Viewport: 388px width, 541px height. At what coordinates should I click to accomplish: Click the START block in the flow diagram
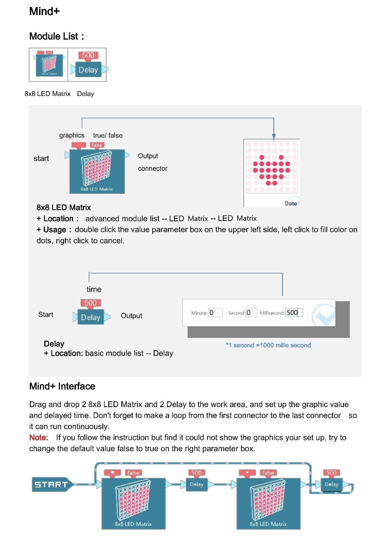click(51, 485)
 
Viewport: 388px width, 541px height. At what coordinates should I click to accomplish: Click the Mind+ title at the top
click(44, 11)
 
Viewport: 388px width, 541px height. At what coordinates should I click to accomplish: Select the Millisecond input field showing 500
click(294, 312)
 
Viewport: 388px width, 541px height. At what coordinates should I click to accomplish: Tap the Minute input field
click(216, 312)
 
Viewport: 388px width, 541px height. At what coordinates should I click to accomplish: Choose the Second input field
click(251, 312)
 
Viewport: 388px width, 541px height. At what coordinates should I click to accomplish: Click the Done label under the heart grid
click(291, 203)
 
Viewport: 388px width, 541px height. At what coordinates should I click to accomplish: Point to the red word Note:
click(38, 437)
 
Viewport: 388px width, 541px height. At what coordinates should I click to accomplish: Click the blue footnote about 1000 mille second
click(268, 345)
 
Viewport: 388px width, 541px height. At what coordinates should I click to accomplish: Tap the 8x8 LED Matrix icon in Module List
click(49, 65)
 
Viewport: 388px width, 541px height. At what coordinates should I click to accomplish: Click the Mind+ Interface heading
click(62, 386)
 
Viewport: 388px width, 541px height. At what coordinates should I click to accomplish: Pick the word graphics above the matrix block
click(72, 135)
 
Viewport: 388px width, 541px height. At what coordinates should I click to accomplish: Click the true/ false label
click(108, 135)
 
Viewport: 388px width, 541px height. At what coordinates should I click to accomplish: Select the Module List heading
click(56, 36)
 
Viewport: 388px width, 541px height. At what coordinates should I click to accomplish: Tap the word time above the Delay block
click(94, 289)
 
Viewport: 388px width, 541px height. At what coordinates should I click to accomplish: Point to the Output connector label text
click(152, 162)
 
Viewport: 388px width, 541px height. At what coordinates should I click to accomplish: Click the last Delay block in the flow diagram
click(331, 485)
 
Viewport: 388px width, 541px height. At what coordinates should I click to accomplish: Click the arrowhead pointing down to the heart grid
click(274, 136)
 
